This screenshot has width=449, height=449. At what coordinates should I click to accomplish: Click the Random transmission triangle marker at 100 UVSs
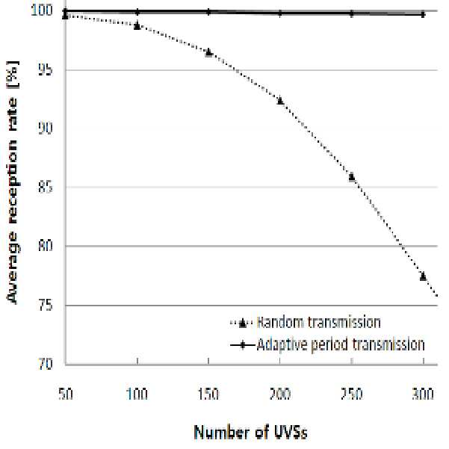(137, 25)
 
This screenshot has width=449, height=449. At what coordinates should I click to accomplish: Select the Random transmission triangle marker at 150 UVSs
(208, 52)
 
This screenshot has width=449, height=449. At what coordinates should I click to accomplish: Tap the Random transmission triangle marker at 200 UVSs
(280, 101)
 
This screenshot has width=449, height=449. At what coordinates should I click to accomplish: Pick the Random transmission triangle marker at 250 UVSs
(352, 176)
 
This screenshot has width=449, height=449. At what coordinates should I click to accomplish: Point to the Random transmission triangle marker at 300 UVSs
(424, 276)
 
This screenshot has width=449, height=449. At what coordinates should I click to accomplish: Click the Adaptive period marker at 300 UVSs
(424, 14)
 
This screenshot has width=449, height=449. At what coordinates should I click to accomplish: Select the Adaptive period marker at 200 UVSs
(280, 13)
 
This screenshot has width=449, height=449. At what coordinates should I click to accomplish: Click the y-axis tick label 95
(46, 69)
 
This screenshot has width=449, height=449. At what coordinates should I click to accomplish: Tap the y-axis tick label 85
(46, 188)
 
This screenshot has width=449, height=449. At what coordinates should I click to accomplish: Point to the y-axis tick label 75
(46, 306)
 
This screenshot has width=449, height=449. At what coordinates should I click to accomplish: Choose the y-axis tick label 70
(46, 364)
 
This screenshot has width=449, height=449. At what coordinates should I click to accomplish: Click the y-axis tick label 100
(42, 10)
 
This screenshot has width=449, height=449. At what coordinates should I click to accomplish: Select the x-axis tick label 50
(66, 394)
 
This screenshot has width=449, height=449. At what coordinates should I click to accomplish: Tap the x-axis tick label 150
(208, 394)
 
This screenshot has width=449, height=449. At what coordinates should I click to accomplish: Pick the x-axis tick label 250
(352, 394)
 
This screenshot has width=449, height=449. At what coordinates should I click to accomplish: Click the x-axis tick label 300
(424, 394)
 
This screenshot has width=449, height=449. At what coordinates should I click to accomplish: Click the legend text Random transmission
(319, 322)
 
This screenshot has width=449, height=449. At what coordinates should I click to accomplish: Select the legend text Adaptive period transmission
(341, 344)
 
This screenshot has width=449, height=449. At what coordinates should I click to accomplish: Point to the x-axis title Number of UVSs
(251, 432)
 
